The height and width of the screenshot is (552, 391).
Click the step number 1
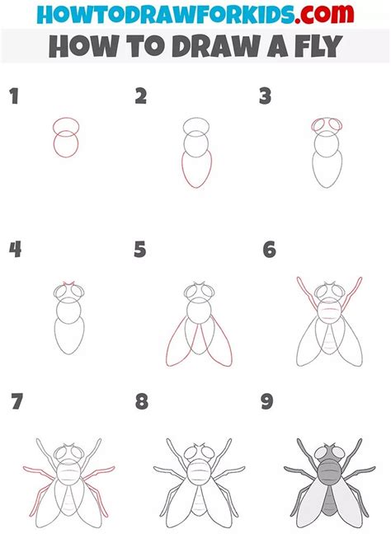[13, 96]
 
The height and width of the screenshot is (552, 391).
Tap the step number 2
[141, 96]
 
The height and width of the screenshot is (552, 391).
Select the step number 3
[265, 96]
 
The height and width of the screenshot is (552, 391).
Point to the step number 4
[14, 249]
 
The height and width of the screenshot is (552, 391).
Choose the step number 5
[141, 249]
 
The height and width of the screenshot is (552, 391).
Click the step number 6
[268, 249]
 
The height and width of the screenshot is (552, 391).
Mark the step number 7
[16, 402]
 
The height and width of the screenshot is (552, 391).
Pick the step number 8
[142, 402]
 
